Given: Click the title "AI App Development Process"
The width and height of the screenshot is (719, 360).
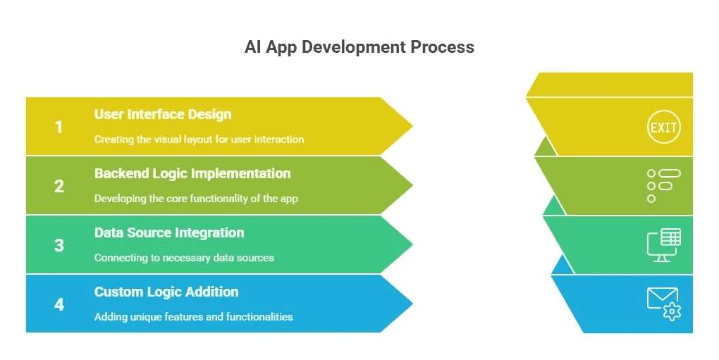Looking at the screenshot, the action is click(x=359, y=47).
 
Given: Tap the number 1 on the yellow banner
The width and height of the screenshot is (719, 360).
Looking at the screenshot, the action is click(x=59, y=127).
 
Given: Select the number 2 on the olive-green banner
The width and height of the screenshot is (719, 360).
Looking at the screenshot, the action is click(x=59, y=186).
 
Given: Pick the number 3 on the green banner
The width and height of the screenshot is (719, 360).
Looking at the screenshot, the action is click(x=59, y=245).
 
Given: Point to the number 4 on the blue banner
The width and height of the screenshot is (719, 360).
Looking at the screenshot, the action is click(x=59, y=304).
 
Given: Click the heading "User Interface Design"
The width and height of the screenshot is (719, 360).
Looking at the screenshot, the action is click(x=163, y=115).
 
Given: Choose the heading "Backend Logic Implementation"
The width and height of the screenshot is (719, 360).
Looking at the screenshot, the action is click(x=192, y=173).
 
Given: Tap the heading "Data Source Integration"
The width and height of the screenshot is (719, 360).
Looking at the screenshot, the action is click(x=169, y=232).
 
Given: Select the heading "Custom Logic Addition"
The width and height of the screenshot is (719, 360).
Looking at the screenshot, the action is click(x=166, y=292).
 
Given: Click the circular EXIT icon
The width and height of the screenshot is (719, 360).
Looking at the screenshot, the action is click(x=663, y=127).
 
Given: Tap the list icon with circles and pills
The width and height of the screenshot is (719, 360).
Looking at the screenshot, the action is click(x=663, y=186).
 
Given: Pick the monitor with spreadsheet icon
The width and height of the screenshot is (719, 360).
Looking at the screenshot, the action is click(x=663, y=245).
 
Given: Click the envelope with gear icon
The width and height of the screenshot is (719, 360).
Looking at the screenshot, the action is click(x=663, y=304).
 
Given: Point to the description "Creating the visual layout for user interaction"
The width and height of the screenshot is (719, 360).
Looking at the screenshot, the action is click(x=199, y=139).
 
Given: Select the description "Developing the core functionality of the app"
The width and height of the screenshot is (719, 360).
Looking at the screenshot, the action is click(x=196, y=199).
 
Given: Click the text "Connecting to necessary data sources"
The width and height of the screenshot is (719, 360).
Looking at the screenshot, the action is click(x=185, y=257).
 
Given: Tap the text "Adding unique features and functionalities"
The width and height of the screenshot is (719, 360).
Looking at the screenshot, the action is click(x=194, y=316).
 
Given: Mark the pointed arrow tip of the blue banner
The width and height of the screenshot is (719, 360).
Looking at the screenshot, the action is click(x=412, y=303).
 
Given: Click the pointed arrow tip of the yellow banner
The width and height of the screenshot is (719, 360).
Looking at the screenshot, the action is click(x=412, y=126).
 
